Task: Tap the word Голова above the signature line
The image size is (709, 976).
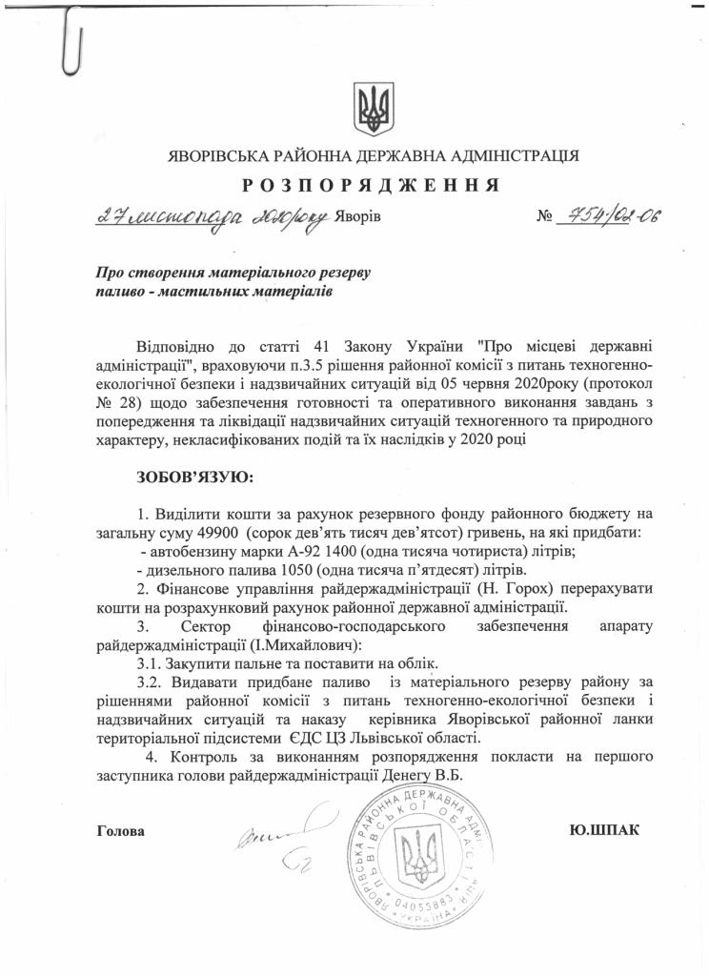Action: pos(122,830)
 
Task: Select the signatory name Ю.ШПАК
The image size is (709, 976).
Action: pos(603,829)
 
